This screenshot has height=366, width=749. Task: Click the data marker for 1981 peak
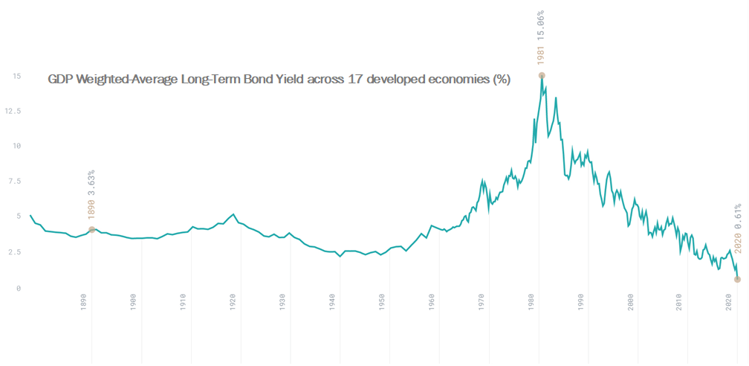pyautogui.click(x=542, y=75)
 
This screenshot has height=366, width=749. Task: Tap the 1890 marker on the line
pyautogui.click(x=91, y=229)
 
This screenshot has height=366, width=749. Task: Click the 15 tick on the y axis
pyautogui.click(x=16, y=76)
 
